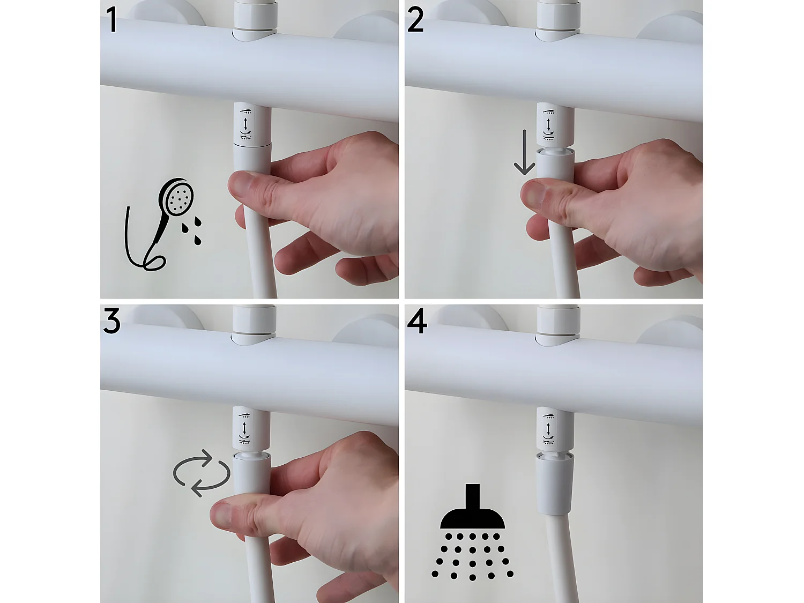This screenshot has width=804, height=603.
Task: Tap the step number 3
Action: tap(111, 322)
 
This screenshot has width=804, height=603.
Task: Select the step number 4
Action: tap(417, 322)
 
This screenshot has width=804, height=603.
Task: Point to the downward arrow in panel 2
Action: tap(524, 153)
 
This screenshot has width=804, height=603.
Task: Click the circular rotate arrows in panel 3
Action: tap(202, 473)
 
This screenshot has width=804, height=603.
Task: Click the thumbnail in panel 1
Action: tap(242, 185)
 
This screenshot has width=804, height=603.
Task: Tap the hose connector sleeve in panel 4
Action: tap(554, 482)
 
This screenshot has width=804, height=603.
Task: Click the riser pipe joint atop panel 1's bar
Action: tap(256, 21)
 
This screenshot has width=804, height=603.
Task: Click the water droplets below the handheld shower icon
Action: tap(192, 230)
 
